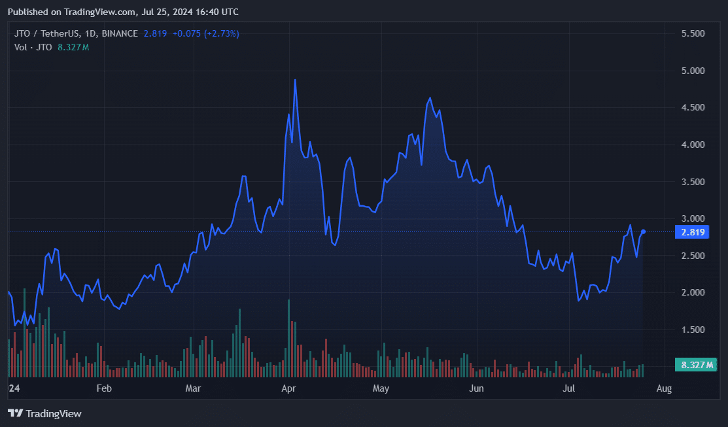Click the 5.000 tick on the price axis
[693, 71]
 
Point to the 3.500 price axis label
[693, 182]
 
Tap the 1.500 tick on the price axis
[693, 330]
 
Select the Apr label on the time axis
[289, 388]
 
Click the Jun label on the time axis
[476, 388]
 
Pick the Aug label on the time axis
[664, 388]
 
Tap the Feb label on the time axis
[104, 388]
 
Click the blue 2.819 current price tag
[692, 232]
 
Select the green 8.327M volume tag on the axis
[696, 365]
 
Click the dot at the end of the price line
[643, 231]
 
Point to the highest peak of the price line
[295, 80]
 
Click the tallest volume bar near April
[289, 338]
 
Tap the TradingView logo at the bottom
[44, 413]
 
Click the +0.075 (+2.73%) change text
[205, 33]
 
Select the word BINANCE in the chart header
[120, 33]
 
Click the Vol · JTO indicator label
[33, 47]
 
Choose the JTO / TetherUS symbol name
[47, 33]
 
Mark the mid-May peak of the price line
[430, 98]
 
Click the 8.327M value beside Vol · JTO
[73, 47]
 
